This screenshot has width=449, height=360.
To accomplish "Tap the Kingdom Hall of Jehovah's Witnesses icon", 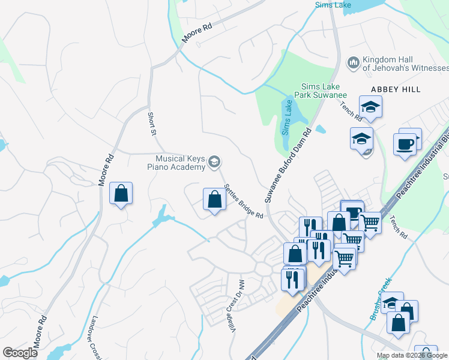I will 353,62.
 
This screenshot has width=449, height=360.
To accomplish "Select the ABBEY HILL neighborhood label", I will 396,89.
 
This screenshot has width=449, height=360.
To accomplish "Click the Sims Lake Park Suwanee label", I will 320,91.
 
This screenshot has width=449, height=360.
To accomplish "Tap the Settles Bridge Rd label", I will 243,201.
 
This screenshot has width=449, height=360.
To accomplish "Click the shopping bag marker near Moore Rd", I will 121,193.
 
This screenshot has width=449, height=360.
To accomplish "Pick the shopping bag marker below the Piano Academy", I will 214,199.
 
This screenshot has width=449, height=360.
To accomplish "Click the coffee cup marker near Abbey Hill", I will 405,144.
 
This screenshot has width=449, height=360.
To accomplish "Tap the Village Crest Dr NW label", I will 234,295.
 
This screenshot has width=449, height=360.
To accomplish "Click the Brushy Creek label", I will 381,298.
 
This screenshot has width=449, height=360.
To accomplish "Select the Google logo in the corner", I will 20,353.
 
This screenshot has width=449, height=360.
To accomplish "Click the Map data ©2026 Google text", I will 412,355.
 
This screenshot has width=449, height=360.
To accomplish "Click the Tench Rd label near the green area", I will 399,228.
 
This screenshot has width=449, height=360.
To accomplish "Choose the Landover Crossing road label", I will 96,339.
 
